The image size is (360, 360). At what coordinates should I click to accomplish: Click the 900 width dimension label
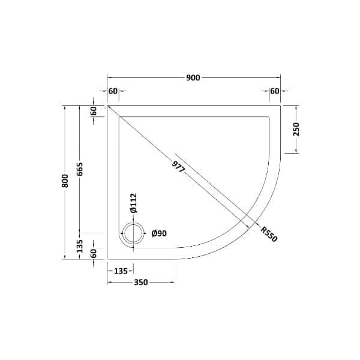tap(193, 77)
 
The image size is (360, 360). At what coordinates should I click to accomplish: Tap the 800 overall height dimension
tap(65, 181)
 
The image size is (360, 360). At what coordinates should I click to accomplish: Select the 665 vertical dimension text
tap(80, 170)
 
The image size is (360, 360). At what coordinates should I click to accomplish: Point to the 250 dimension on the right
tap(296, 128)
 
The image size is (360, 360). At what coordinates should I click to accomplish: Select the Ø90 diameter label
tap(159, 233)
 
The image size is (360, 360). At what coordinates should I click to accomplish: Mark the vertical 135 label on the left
tap(80, 245)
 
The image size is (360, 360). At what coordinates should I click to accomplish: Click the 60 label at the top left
tap(113, 91)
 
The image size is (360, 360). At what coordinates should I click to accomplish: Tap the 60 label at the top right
tap(275, 91)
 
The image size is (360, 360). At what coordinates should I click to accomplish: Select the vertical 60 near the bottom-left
tap(94, 253)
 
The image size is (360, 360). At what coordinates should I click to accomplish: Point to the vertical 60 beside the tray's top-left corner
tap(94, 111)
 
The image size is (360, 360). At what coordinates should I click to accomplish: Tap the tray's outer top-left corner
tap(107, 104)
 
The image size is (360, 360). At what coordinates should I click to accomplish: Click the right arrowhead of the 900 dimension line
tap(279, 77)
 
